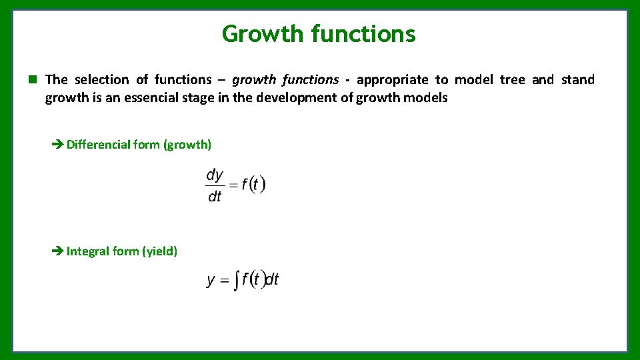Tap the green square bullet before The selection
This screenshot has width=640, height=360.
click(31, 79)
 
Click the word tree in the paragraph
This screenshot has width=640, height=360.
click(512, 79)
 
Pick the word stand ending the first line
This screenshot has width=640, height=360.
click(577, 79)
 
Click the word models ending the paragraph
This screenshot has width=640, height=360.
click(428, 97)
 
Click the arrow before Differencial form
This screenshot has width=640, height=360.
click(57, 144)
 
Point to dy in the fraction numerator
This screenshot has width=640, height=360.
click(215, 175)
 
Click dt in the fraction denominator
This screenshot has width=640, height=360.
click(215, 197)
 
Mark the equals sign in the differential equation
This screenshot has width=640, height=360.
click(233, 185)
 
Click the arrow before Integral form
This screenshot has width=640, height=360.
click(57, 251)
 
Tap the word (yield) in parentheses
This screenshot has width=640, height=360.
click(159, 251)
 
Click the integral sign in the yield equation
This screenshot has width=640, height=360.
click(236, 281)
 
